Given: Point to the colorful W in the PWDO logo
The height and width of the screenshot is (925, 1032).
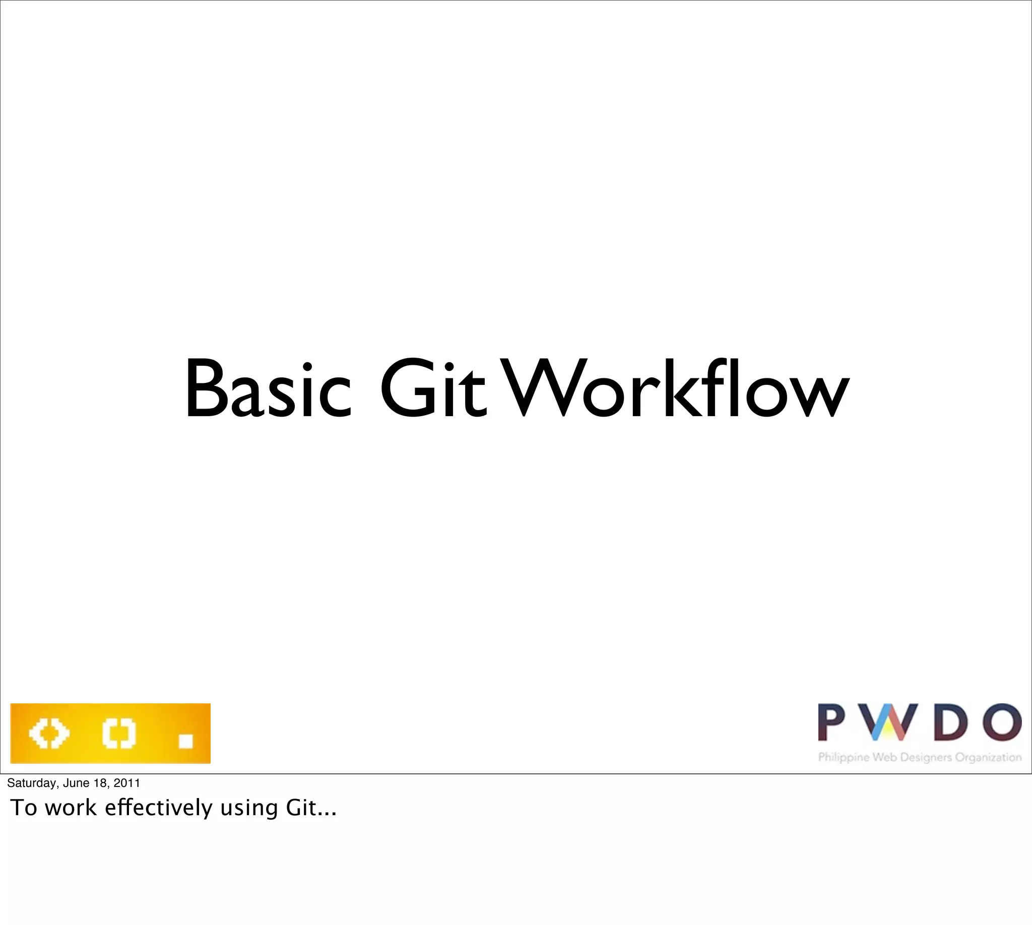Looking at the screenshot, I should [885, 722].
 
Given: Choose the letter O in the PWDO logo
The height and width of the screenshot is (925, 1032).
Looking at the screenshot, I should [1001, 722].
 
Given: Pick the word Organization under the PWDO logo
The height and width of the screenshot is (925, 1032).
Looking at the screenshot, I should [988, 758].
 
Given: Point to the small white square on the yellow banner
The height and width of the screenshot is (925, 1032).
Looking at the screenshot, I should [185, 741].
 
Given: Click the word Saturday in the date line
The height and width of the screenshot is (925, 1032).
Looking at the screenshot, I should [30, 783].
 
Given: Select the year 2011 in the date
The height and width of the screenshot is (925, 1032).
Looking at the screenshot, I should [127, 783].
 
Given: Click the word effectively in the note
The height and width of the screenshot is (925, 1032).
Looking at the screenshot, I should [159, 808].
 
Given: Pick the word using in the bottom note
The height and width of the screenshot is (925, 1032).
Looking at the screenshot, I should [249, 809].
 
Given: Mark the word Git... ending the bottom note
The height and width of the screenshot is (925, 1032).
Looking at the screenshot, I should [311, 808].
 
